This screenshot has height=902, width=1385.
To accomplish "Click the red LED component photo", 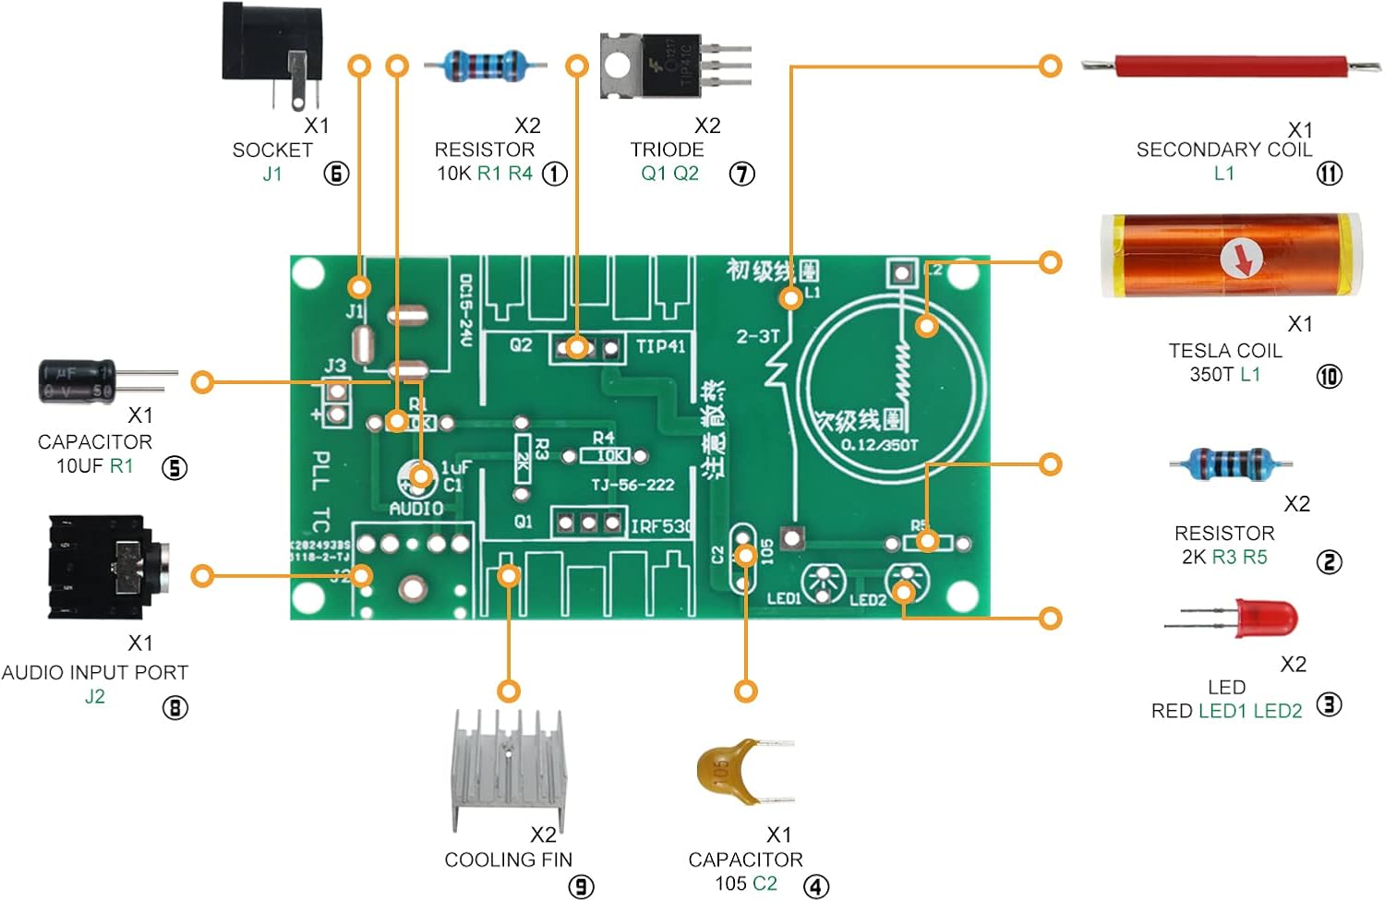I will click(x=1265, y=618).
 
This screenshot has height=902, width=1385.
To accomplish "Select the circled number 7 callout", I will click(x=742, y=174).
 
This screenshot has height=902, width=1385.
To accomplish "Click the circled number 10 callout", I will click(x=1329, y=376).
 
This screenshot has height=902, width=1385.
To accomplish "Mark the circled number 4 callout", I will click(x=816, y=886).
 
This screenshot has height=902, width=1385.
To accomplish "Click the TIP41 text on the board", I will click(x=660, y=346).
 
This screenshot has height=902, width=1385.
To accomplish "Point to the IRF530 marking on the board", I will click(x=661, y=526).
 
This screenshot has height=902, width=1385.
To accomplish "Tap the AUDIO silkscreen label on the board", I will click(x=415, y=509).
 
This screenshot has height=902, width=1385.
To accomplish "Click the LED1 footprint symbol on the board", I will click(x=821, y=583).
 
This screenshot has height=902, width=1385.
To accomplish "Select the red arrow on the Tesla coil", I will click(x=1243, y=260).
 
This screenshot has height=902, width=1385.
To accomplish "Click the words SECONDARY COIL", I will click(x=1223, y=150).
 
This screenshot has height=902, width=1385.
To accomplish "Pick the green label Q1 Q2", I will click(x=669, y=174).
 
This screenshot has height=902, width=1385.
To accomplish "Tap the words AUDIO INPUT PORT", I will click(x=95, y=673).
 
